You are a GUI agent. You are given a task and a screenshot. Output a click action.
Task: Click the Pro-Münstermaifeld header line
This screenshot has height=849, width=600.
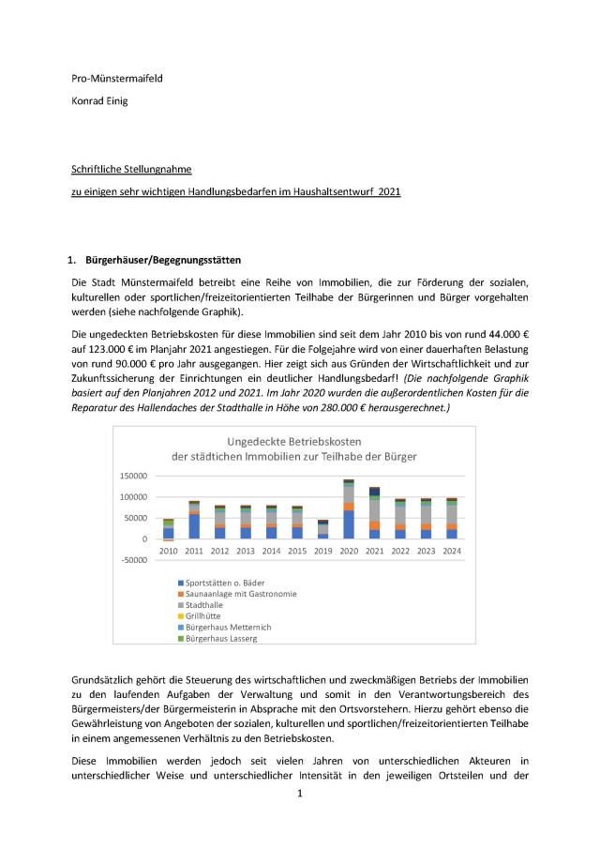coord(117,78)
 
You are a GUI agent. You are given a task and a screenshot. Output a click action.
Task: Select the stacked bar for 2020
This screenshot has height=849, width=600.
coord(349,509)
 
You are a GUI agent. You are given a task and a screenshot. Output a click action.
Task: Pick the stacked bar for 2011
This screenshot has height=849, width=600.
coord(194,520)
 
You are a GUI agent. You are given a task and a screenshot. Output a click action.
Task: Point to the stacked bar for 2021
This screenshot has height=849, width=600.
coord(375,512)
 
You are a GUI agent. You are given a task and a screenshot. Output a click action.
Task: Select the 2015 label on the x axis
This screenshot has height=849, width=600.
coord(297,550)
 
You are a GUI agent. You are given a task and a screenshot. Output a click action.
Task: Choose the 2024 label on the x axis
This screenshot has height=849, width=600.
coord(452,550)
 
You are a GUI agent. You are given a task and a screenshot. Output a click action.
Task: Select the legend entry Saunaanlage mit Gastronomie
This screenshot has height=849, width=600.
coord(241,594)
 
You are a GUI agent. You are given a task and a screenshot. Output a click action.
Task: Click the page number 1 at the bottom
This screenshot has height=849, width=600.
coord(300,794)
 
